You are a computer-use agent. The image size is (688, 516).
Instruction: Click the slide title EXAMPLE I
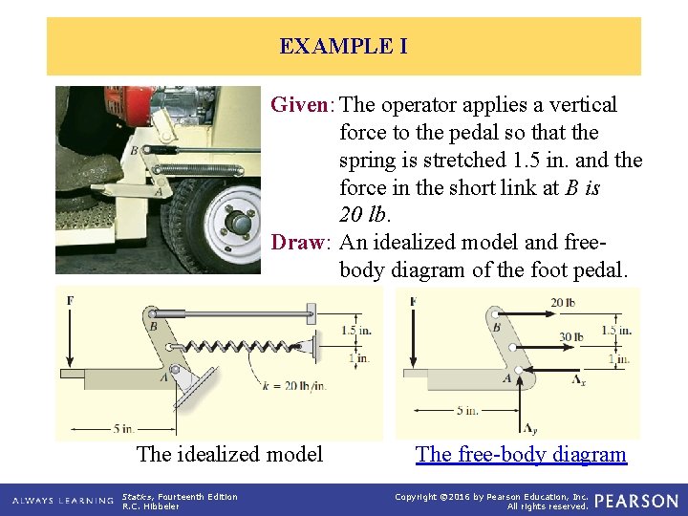tap(343, 46)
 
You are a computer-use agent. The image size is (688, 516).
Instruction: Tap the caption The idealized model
tap(229, 454)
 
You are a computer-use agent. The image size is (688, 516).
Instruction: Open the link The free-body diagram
tap(521, 454)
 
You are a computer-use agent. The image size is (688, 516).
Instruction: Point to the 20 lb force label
tap(564, 303)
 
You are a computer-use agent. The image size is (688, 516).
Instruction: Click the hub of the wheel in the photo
tap(239, 223)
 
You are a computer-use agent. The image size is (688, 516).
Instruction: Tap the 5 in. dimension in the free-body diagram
tap(466, 411)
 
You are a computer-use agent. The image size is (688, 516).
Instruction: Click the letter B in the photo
tap(134, 150)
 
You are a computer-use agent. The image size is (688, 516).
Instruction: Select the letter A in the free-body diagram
tap(506, 379)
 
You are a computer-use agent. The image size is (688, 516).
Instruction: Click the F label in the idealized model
tap(71, 302)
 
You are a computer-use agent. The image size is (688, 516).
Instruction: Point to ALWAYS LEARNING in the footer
tap(59, 501)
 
